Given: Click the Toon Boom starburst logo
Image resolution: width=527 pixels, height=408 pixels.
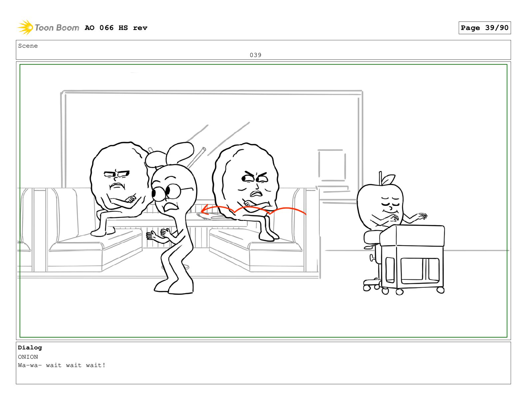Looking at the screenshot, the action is coord(25,27).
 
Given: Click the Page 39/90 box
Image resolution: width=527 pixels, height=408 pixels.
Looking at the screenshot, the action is coord(484,28).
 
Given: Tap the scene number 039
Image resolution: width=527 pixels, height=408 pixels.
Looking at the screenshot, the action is coord(256,55).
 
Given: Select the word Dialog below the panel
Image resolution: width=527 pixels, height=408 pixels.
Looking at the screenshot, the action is coord(30,348).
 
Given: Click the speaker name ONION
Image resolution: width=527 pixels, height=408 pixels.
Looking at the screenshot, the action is coord(28,357).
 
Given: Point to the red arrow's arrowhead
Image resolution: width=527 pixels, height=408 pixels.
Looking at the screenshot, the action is coord(204,209).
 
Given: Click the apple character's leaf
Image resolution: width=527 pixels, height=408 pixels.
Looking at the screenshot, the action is coord(388,180).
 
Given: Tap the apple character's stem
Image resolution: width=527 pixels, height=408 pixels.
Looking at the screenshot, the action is coord(380,179).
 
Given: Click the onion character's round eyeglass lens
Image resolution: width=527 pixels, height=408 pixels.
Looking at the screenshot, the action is coord(173,191).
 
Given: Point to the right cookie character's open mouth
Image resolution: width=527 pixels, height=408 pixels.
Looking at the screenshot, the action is coord(256,194).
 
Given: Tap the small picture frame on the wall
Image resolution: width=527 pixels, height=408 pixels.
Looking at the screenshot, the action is coord(332,165).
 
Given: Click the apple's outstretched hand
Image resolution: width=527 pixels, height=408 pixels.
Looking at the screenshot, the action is coord(421,216).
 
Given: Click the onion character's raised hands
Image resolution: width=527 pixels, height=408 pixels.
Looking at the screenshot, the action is coord(160,234).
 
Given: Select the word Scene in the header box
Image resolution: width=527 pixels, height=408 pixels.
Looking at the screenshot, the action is coord(28,46).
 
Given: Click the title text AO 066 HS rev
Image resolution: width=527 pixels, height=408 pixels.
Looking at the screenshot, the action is coord(116,28).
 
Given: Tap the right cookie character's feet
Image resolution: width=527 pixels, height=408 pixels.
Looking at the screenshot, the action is coord(269,236).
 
